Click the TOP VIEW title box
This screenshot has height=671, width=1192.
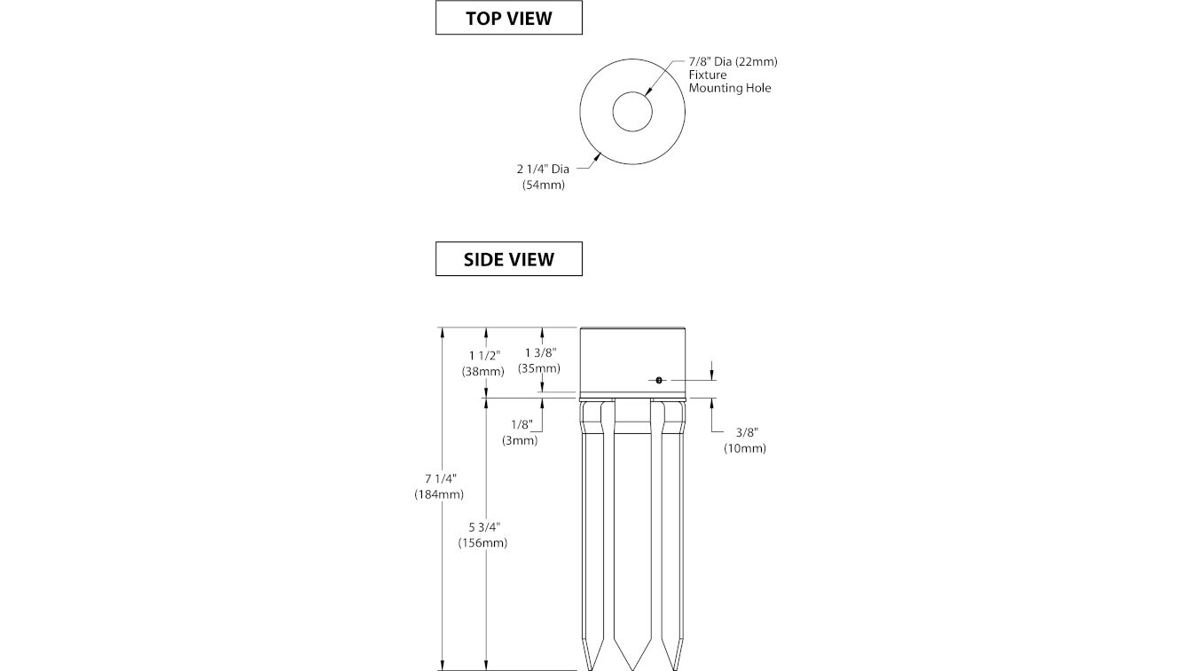(x=509, y=18)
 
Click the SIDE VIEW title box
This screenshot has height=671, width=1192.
(x=509, y=259)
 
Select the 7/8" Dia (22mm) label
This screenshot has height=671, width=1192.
(x=733, y=62)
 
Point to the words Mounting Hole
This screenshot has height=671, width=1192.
(x=730, y=89)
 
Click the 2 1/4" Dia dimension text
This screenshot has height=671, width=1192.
(x=543, y=169)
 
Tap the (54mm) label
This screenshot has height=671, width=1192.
(x=544, y=185)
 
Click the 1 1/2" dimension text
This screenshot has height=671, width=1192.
(x=485, y=355)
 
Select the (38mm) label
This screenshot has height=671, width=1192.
(x=482, y=371)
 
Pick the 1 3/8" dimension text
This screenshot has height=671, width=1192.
(x=541, y=352)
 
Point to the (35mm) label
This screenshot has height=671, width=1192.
(x=539, y=368)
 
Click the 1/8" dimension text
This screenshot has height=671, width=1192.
(x=521, y=424)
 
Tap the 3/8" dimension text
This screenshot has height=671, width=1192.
(x=747, y=432)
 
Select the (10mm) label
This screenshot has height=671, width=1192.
(x=744, y=448)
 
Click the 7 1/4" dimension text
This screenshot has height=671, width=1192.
(x=441, y=478)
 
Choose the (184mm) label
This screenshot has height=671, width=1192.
(x=439, y=494)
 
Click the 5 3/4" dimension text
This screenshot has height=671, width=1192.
(x=485, y=527)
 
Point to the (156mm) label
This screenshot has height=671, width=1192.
(x=482, y=542)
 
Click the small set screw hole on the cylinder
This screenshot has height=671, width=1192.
(x=659, y=380)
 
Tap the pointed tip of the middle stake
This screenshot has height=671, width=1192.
(x=632, y=670)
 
